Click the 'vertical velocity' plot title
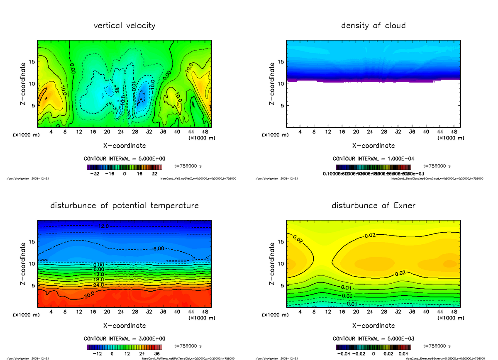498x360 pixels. click(x=124, y=26)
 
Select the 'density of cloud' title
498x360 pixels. click(x=373, y=26)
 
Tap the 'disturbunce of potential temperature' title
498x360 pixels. click(x=124, y=206)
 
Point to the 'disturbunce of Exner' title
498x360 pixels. click(x=373, y=206)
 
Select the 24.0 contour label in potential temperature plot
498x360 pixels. click(x=99, y=285)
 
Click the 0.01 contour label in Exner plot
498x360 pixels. click(x=347, y=287)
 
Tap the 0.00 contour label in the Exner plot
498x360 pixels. click(x=347, y=296)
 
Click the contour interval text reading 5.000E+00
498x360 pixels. click(x=124, y=159)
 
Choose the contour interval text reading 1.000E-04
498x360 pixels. click(x=373, y=159)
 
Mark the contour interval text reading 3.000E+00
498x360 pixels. click(x=124, y=339)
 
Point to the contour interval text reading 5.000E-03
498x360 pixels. click(x=373, y=339)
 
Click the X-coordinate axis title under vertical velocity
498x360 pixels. click(x=124, y=146)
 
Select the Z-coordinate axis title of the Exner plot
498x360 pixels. click(x=272, y=264)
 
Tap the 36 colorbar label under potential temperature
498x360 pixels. click(x=157, y=354)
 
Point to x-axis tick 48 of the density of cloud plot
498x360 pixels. click(x=454, y=132)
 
